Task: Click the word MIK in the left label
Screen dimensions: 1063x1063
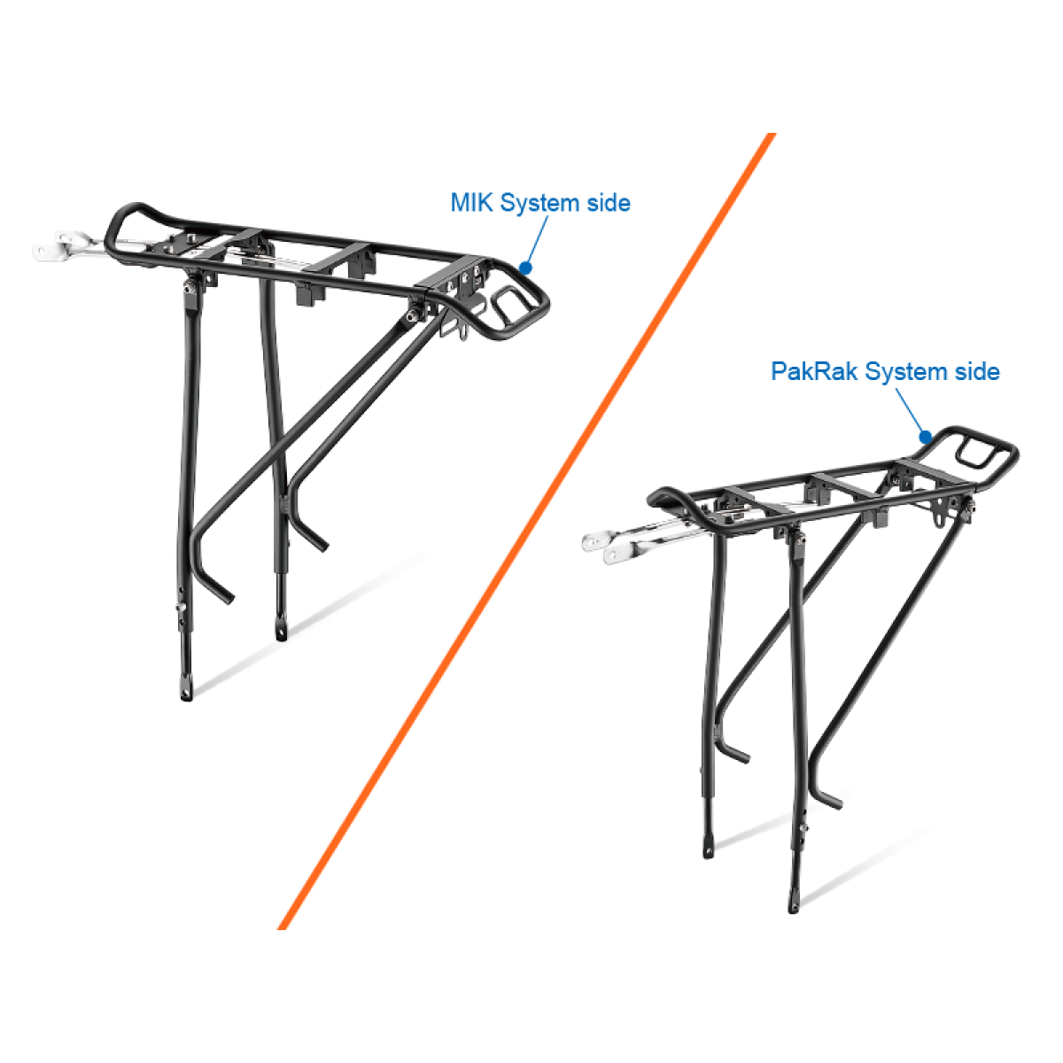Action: pyautogui.click(x=470, y=203)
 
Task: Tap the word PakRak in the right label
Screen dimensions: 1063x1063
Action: pyautogui.click(x=814, y=371)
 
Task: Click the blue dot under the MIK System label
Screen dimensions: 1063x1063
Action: pyautogui.click(x=525, y=268)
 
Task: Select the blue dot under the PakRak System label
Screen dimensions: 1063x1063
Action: pyautogui.click(x=925, y=438)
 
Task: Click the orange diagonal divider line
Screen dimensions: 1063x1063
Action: pyautogui.click(x=527, y=531)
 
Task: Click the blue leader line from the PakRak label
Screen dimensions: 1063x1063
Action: pyautogui.click(x=910, y=410)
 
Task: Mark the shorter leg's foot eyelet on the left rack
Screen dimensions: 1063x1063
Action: pyautogui.click(x=282, y=631)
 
